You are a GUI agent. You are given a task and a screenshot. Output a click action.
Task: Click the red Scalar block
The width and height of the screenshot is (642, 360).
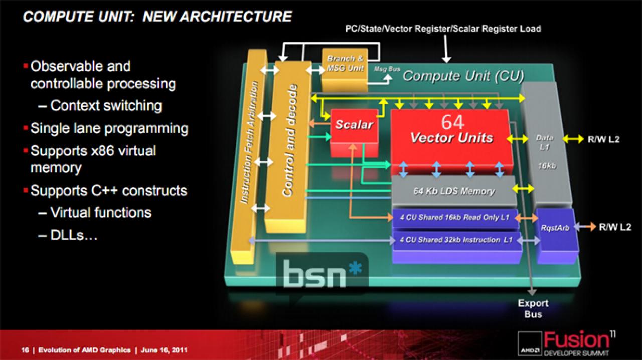354,132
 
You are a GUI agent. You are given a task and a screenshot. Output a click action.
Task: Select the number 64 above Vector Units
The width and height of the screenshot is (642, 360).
452,123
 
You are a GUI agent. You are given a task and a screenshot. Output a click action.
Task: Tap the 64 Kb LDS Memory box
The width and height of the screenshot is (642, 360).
454,191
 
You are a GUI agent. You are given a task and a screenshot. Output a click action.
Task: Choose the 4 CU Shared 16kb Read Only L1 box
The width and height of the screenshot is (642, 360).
455,218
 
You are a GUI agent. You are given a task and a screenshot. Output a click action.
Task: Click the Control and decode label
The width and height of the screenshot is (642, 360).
290,140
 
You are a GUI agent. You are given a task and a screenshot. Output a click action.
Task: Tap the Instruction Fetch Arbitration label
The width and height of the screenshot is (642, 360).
249,142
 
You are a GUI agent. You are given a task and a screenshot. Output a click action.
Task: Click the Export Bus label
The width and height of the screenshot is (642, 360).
533,309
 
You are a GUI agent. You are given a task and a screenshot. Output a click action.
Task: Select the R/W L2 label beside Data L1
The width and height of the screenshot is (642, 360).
603,139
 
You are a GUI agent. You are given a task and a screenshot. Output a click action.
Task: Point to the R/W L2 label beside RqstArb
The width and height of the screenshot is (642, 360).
615,227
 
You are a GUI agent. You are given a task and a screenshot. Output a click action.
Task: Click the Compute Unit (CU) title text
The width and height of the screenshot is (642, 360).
463,76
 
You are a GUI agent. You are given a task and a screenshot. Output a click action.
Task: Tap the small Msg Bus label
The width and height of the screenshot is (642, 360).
387,69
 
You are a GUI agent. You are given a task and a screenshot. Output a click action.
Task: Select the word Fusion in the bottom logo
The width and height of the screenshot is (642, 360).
576,340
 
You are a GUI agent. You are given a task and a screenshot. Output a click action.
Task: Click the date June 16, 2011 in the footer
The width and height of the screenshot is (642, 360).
164,350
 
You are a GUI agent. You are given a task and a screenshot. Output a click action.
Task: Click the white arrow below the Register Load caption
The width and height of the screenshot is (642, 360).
446,49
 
